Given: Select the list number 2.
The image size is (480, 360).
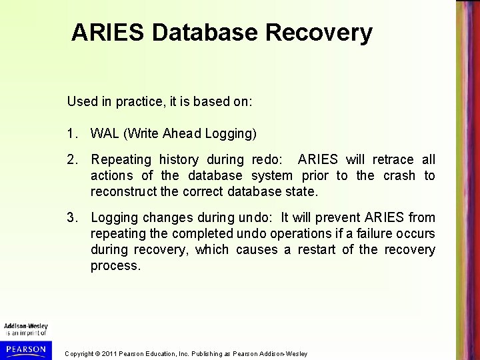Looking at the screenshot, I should [x=71, y=160].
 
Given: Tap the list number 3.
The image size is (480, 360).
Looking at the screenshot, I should [x=71, y=217].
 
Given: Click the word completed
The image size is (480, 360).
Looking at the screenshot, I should [x=199, y=233].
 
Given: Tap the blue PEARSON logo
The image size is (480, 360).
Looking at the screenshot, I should [x=24, y=349].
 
